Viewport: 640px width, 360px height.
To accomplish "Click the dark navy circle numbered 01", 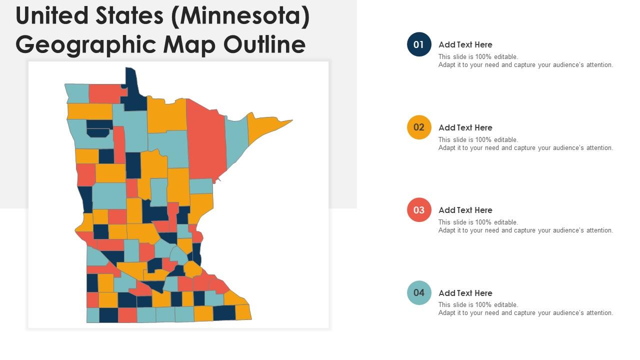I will pyautogui.click(x=419, y=44).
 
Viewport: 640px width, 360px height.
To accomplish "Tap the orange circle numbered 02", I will pyautogui.click(x=419, y=127).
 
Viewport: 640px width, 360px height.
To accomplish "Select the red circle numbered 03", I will pyautogui.click(x=419, y=210).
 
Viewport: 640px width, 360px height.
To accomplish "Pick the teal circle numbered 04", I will pyautogui.click(x=419, y=292).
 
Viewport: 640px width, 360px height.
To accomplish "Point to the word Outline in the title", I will pyautogui.click(x=264, y=44).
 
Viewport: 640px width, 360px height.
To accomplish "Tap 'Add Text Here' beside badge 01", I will pyautogui.click(x=465, y=44).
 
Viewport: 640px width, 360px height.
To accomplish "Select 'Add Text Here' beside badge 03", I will pyautogui.click(x=465, y=210).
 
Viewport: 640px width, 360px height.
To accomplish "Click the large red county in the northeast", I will pyautogui.click(x=206, y=140).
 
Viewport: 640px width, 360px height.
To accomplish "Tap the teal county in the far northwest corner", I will pyautogui.click(x=77, y=93).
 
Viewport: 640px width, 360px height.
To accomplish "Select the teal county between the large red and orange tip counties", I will pyautogui.click(x=236, y=140).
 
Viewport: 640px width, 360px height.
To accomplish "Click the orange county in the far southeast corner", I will pyautogui.click(x=243, y=312).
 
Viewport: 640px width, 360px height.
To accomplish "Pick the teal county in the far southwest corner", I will pyautogui.click(x=93, y=315).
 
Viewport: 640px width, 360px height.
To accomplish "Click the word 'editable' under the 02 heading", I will pyautogui.click(x=505, y=140).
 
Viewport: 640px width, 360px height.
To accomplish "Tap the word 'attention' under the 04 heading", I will pyautogui.click(x=597, y=313).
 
